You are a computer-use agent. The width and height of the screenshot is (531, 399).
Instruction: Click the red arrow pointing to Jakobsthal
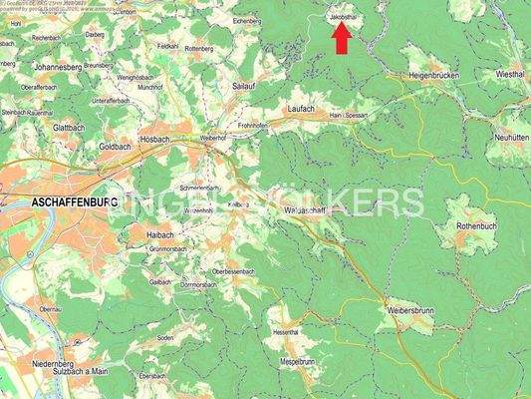tap(341, 38)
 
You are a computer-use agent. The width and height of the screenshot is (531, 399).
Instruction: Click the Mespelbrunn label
tap(298, 362)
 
